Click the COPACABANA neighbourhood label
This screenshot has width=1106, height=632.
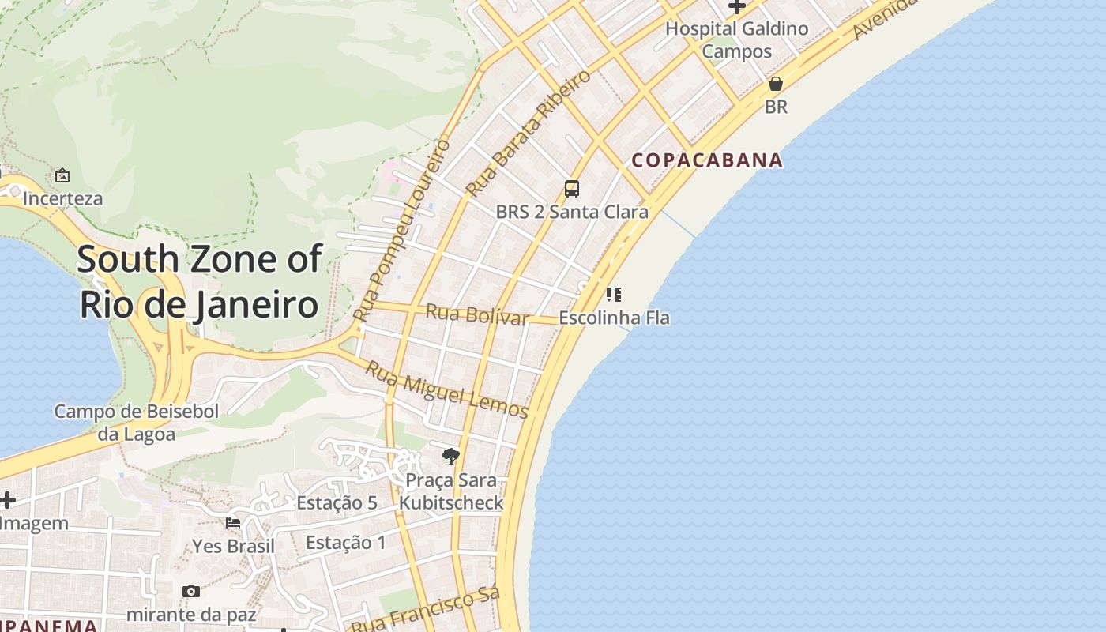[x=707, y=160]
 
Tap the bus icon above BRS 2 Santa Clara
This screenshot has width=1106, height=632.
[x=572, y=189]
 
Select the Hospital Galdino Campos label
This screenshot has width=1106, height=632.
[x=736, y=40]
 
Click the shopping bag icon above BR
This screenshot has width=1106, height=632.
[x=776, y=84]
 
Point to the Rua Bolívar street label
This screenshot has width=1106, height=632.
[x=477, y=314]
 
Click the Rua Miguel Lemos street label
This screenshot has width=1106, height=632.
[x=446, y=389]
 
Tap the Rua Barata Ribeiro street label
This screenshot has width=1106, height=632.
[x=528, y=134]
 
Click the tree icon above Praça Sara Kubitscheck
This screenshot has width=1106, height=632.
[x=451, y=456]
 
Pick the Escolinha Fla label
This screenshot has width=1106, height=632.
[x=614, y=318]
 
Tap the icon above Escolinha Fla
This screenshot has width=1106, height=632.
[x=614, y=295]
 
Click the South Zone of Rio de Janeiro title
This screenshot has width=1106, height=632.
[x=200, y=281]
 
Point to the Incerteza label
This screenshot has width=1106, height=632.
[x=62, y=198]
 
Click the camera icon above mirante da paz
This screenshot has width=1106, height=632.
[x=190, y=591]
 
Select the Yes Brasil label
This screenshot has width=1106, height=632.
[x=234, y=547]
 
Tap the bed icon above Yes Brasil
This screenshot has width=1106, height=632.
[x=233, y=523]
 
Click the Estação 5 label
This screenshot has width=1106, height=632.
[x=337, y=503]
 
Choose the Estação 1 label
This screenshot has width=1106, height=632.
[x=346, y=543]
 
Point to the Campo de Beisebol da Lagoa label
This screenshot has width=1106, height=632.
[x=137, y=423]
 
